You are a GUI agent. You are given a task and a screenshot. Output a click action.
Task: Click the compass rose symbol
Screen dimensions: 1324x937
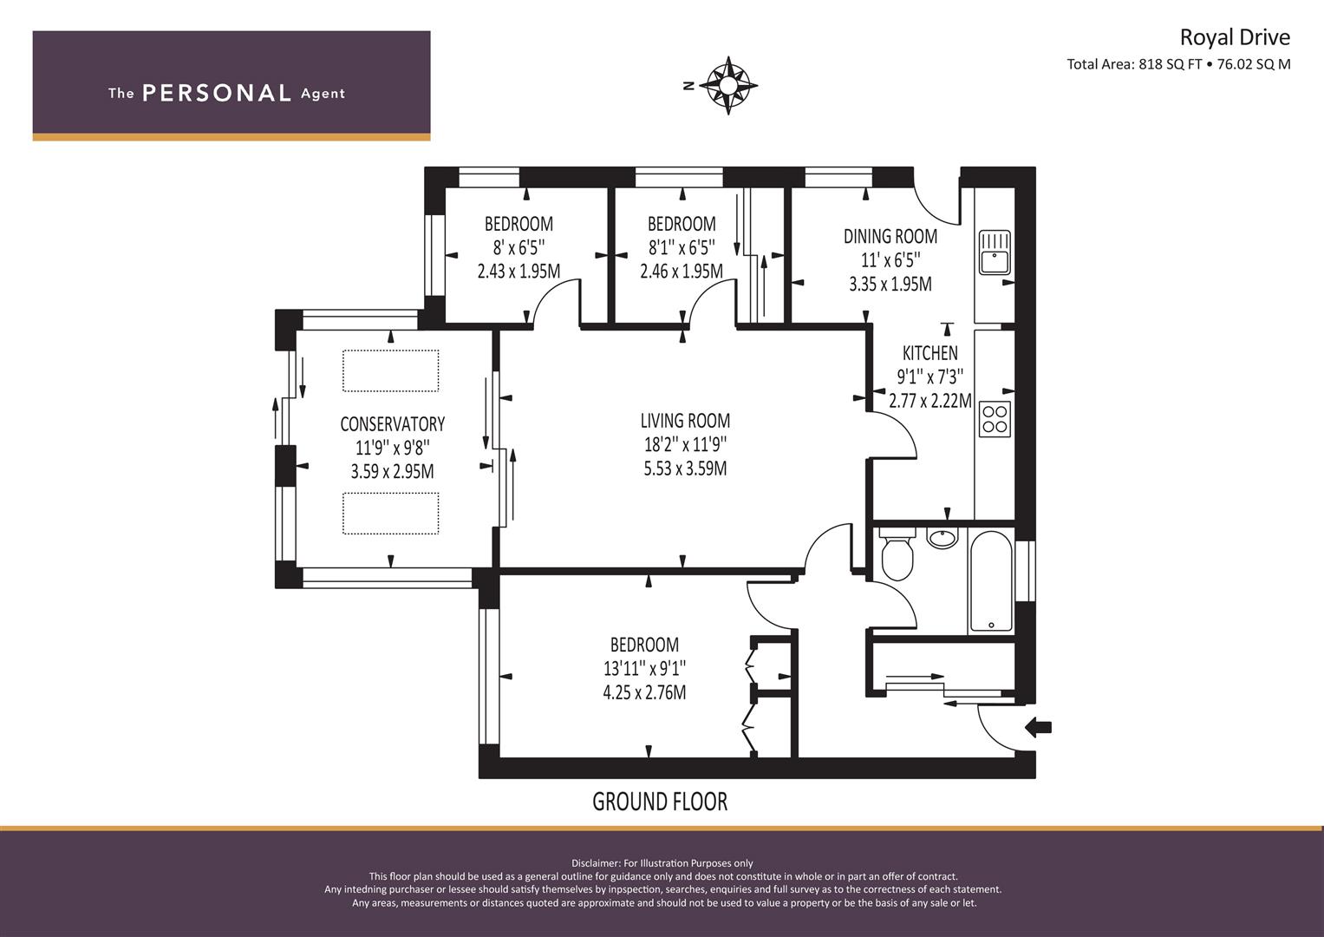[x=728, y=86]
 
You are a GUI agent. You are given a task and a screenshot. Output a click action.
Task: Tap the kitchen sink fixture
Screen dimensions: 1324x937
[x=995, y=252]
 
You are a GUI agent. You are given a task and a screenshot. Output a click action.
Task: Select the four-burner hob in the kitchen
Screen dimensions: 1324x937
[x=995, y=419]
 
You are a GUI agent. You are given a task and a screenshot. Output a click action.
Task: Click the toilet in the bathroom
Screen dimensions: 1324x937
[x=897, y=554]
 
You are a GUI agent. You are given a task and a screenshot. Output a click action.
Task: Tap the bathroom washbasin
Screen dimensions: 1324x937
[x=942, y=538]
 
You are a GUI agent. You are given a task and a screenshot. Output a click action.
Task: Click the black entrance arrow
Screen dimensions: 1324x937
[x=1038, y=728]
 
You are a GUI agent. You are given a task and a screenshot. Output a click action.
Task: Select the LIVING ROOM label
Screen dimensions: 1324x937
[x=685, y=421]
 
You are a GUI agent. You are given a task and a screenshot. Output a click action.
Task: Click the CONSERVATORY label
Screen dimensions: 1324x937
[x=393, y=424]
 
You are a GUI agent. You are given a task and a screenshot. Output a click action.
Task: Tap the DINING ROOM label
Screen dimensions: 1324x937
[x=890, y=237]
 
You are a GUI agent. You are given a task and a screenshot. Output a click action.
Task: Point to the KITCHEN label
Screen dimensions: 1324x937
[x=929, y=353]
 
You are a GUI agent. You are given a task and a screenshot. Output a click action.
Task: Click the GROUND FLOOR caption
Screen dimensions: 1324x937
[x=660, y=802]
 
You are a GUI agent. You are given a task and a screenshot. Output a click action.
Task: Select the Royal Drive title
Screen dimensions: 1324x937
[x=1235, y=37]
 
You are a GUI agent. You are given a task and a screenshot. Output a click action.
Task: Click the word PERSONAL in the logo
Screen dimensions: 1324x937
[x=217, y=93]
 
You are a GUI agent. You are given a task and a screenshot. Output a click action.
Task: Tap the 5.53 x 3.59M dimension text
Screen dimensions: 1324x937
[x=685, y=468]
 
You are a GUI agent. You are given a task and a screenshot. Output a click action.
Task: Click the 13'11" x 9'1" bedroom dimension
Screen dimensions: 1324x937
[x=644, y=668]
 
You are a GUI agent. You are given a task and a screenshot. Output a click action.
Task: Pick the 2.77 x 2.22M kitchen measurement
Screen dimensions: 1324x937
[x=930, y=401]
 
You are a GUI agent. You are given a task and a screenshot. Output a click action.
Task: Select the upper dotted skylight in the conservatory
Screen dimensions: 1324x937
[x=391, y=371]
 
